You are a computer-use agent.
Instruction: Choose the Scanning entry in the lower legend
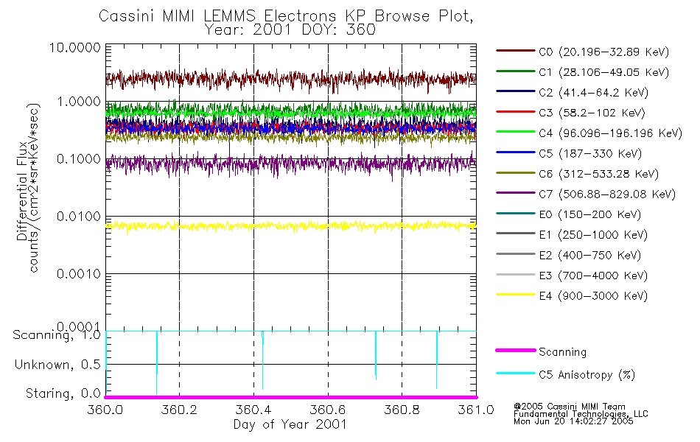tap(562, 352)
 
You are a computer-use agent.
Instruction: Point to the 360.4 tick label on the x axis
tap(253, 410)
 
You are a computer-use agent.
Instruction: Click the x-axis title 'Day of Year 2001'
tap(290, 424)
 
